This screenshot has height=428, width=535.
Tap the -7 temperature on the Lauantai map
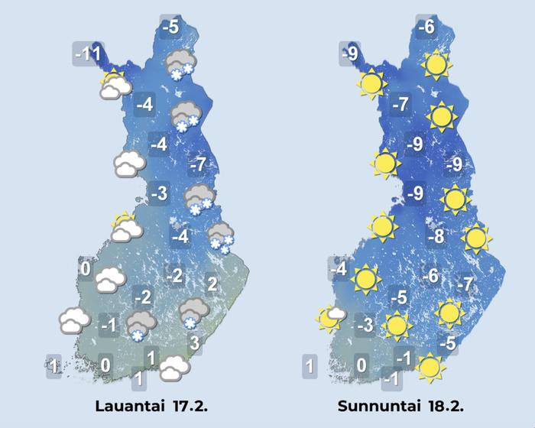coord(198,164)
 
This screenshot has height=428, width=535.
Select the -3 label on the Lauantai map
coord(158,193)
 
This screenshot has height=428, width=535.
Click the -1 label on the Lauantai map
coord(108,326)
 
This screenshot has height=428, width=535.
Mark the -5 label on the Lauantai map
coord(171,28)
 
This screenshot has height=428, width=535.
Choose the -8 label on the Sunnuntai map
coord(436,237)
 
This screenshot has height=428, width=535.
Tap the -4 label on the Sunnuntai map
coord(339,269)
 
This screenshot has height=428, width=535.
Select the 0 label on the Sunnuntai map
coord(362,367)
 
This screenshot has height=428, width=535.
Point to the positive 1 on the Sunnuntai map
coord(309,367)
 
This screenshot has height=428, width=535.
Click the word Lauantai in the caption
coord(127,405)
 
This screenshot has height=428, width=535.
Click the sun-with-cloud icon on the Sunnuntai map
coord(332,316)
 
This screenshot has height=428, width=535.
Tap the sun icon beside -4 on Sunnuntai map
coord(365,279)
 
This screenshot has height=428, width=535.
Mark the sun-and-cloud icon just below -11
coord(115,84)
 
